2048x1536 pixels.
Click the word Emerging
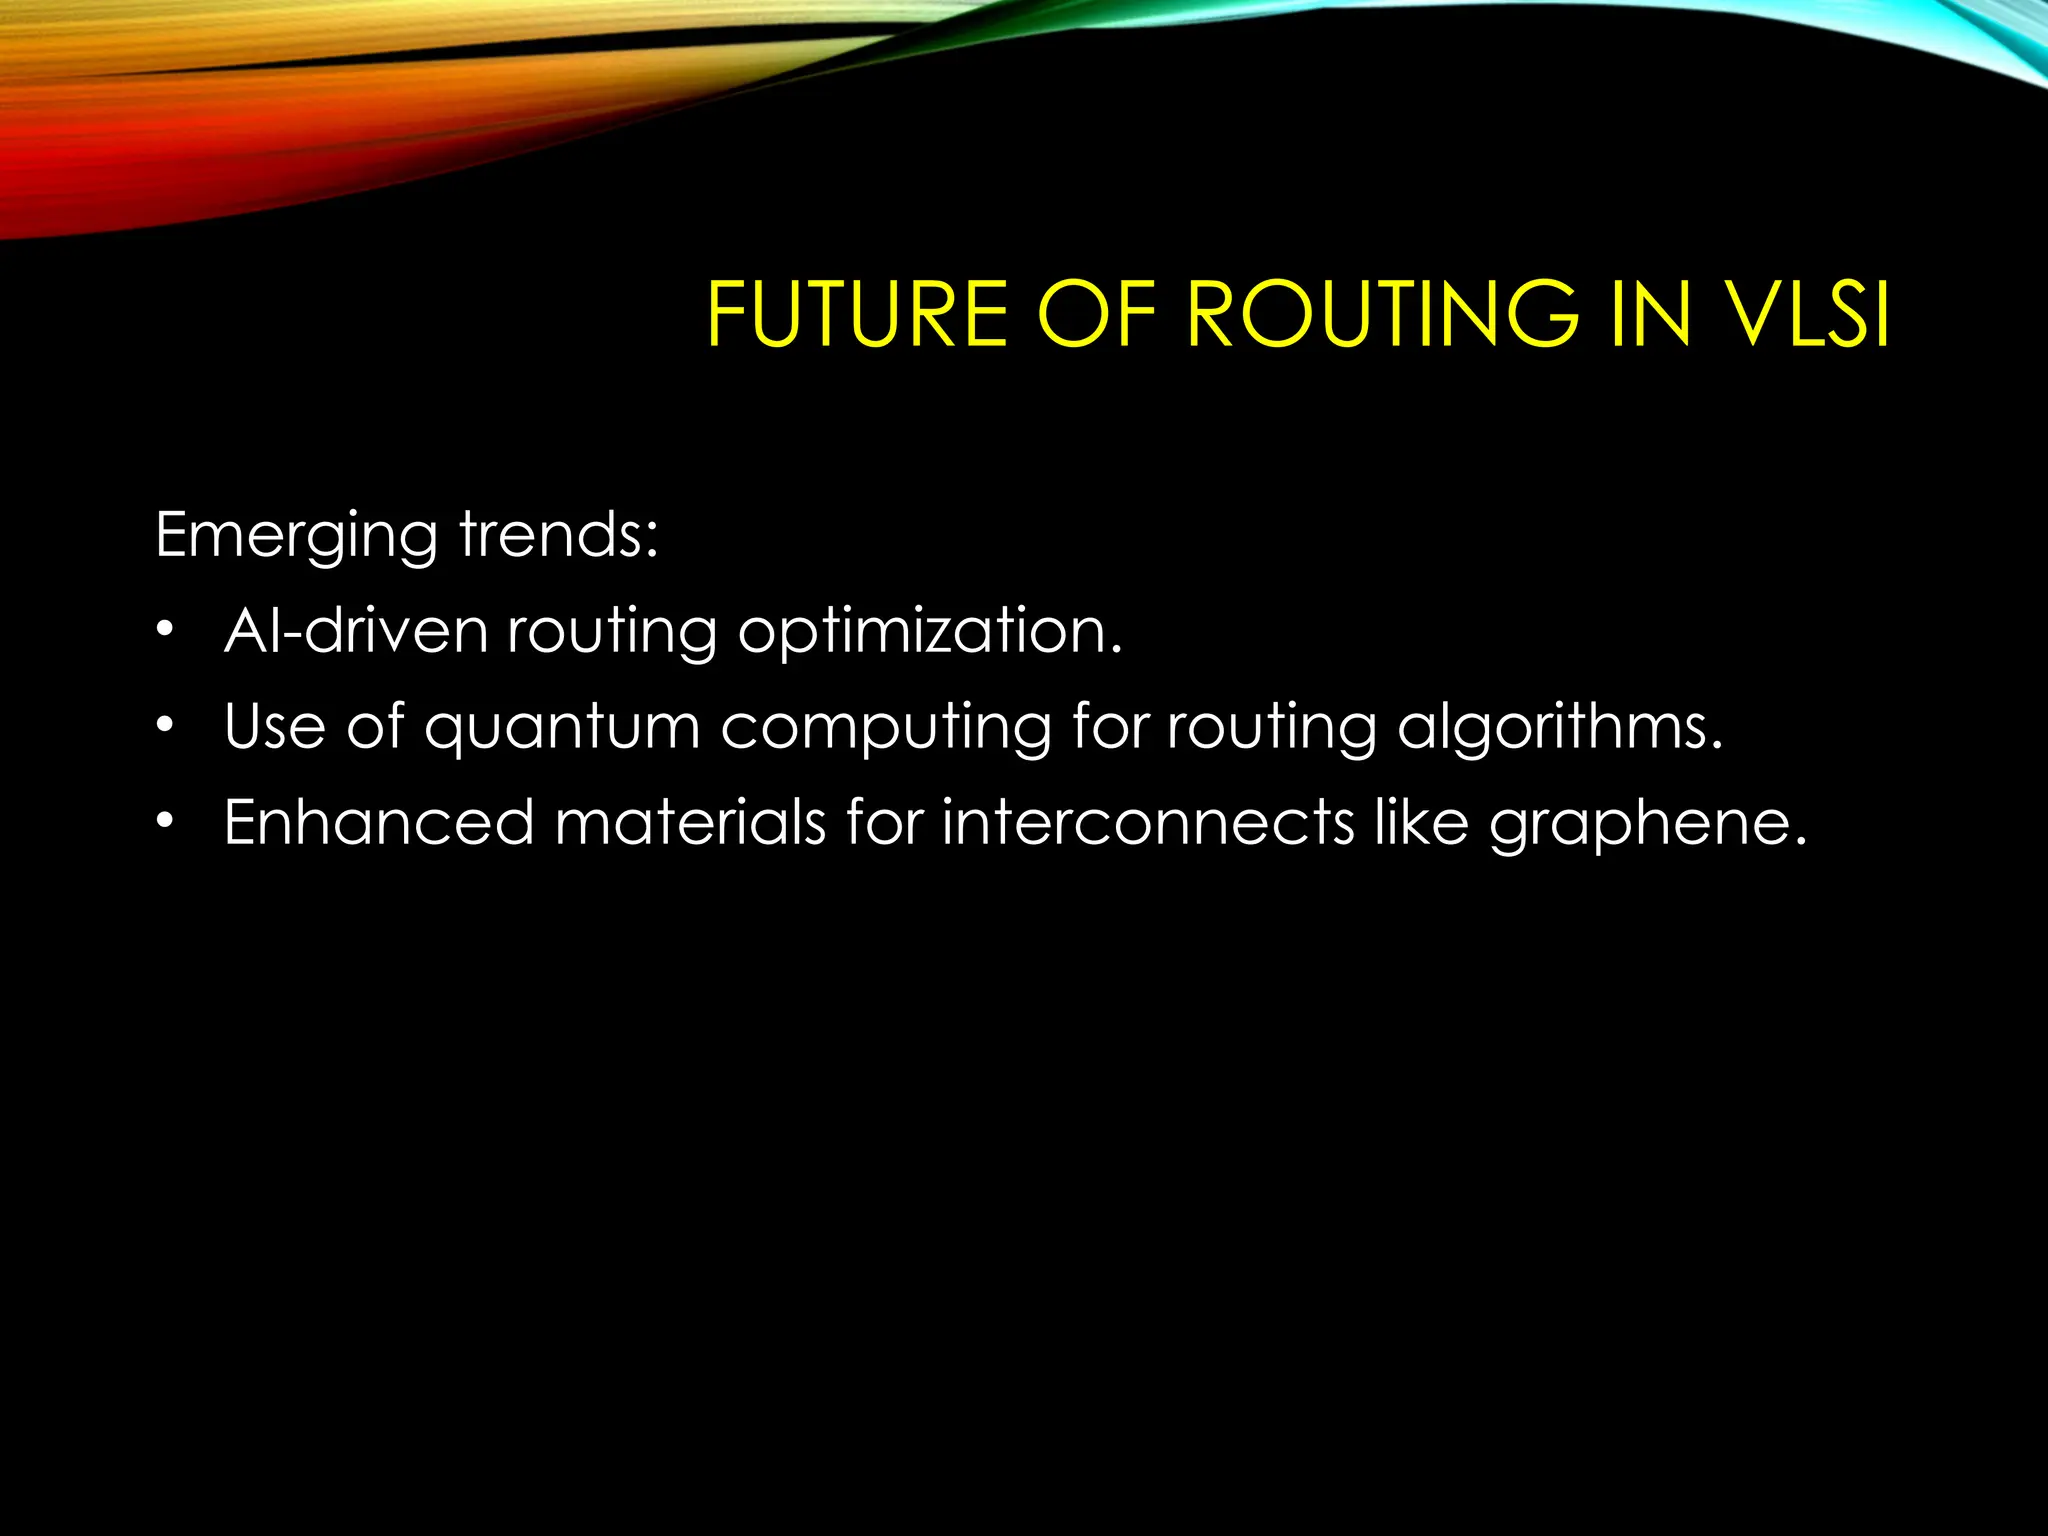coord(297,537)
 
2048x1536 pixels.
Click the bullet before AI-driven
coord(165,631)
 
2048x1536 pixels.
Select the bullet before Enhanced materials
coord(165,821)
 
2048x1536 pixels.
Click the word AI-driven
coord(356,631)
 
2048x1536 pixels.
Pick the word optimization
coord(930,633)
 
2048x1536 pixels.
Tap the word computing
coord(885,728)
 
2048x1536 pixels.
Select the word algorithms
coord(1560,728)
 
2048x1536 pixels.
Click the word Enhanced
coord(379,822)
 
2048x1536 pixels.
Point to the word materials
coord(690,822)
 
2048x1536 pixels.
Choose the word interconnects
coord(1148,822)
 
